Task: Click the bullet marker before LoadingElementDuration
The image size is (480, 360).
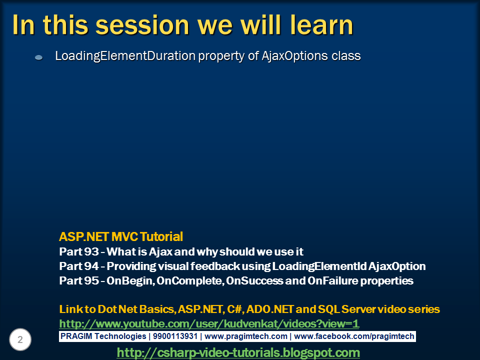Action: tap(38, 57)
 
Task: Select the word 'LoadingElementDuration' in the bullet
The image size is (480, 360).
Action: tap(125, 56)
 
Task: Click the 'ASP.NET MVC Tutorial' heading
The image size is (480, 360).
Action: tap(121, 236)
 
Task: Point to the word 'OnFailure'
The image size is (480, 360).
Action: tap(329, 280)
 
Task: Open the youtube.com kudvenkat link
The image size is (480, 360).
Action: tap(209, 323)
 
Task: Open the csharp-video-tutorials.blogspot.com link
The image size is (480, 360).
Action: tap(238, 352)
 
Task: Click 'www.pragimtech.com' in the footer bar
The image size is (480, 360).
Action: tap(246, 336)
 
